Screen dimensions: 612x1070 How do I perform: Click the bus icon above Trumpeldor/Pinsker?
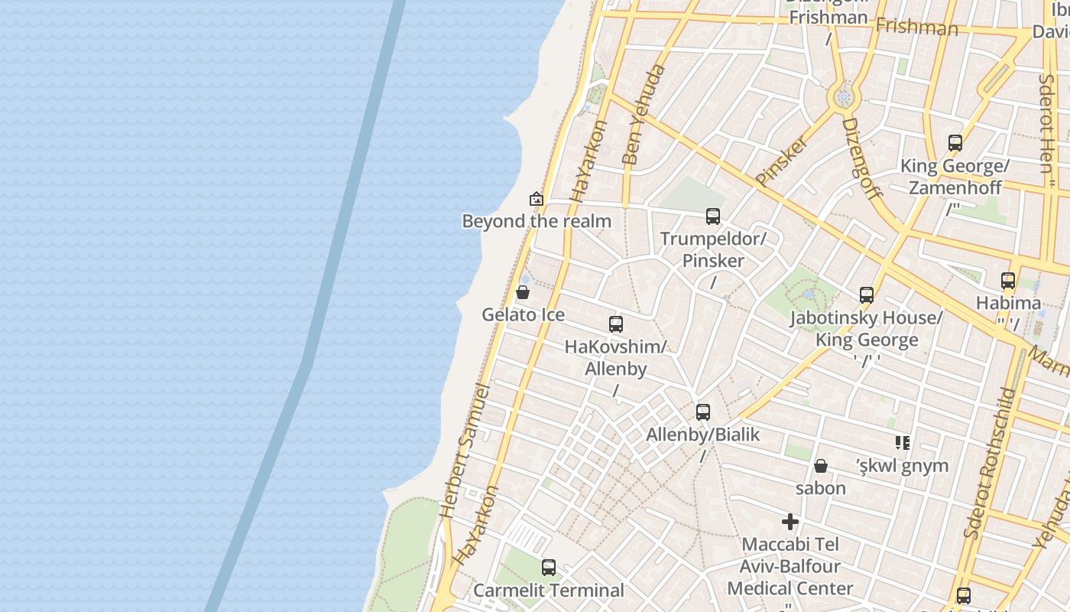[713, 216]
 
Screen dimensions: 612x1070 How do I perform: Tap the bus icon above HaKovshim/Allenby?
[616, 324]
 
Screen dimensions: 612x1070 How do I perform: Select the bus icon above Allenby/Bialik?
[703, 412]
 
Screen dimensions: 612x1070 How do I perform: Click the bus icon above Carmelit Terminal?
[549, 568]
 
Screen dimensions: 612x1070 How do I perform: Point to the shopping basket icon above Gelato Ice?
[523, 292]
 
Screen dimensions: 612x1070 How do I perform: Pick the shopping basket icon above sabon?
[821, 466]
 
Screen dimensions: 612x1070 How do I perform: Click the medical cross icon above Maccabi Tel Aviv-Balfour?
[790, 522]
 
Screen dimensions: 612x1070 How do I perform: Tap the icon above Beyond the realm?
[537, 199]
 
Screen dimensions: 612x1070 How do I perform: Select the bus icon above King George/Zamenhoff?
[955, 143]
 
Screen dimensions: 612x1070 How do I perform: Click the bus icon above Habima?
[1008, 281]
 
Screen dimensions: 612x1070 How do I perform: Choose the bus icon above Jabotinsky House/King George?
[867, 295]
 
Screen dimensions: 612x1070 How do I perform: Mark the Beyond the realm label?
[537, 222]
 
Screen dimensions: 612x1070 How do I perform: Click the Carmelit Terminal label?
[549, 591]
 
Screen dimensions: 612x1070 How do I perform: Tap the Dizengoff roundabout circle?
[844, 97]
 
